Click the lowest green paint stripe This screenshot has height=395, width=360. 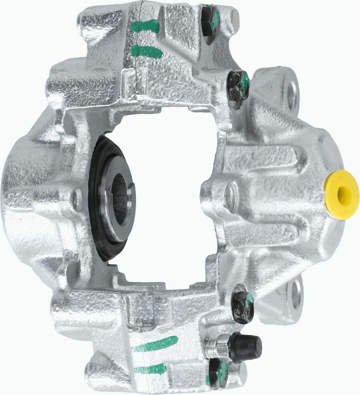(x=150, y=368)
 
